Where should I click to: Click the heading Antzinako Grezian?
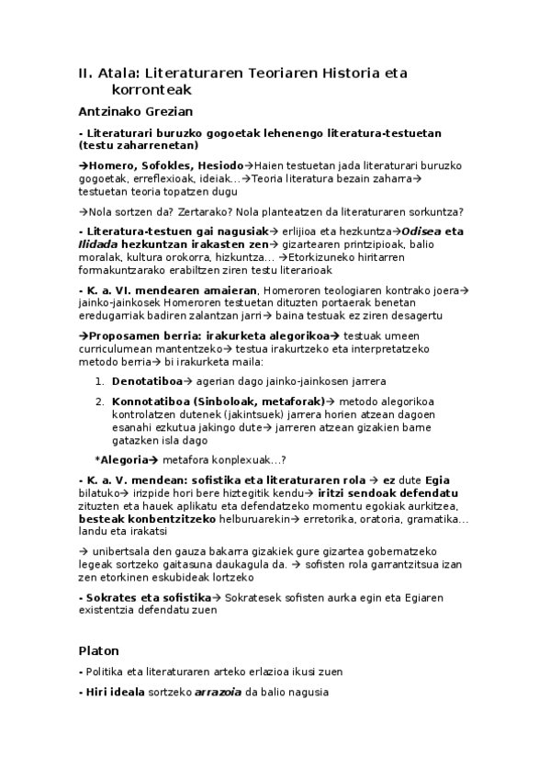click(x=135, y=111)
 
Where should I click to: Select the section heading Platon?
click(x=98, y=650)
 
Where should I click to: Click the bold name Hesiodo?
click(x=218, y=164)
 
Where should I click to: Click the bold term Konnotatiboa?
click(x=153, y=401)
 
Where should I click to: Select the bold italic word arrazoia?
click(x=218, y=692)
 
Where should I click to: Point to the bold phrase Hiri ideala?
click(x=112, y=692)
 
